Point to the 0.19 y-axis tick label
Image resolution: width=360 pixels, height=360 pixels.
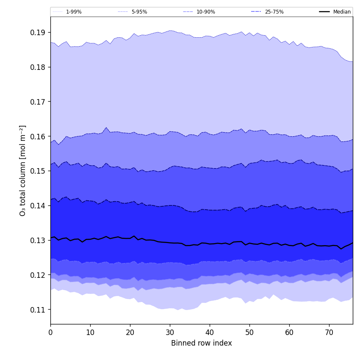[x=38, y=33]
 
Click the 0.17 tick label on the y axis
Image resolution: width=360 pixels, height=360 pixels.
[x=38, y=102]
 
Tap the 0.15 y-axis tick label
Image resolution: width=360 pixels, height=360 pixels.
[x=38, y=171]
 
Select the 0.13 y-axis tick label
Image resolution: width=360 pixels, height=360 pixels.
[x=38, y=240]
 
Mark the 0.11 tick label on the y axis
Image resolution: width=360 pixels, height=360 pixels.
[x=38, y=310]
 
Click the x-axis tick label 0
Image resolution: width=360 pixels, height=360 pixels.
[x=50, y=332]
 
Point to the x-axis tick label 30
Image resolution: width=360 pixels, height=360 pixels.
[x=170, y=332]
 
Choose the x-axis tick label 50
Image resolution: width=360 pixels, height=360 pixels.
[x=249, y=332]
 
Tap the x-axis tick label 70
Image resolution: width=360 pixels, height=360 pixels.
[x=329, y=332]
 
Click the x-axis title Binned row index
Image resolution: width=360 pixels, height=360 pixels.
[x=202, y=343]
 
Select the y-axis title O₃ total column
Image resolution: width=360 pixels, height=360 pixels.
[x=23, y=170]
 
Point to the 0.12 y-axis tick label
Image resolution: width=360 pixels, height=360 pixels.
[x=38, y=275]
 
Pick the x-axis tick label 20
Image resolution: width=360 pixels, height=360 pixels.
[x=130, y=332]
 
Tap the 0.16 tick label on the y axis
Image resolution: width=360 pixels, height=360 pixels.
[x=38, y=136]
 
